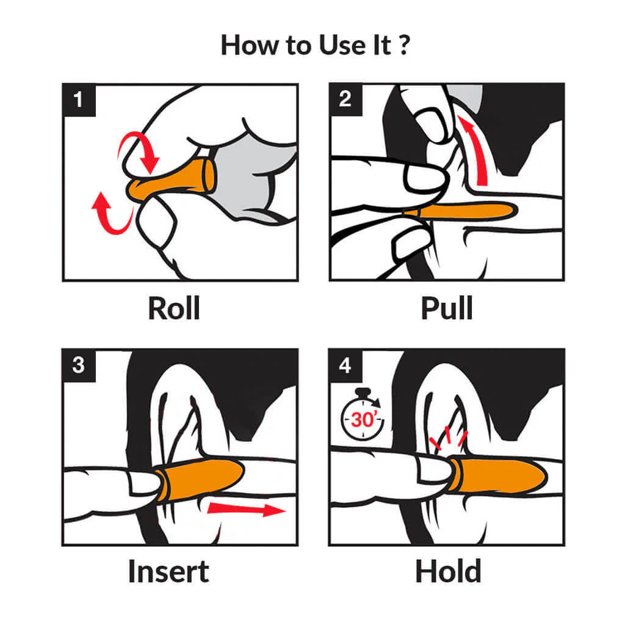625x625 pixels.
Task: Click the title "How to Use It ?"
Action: [316, 45]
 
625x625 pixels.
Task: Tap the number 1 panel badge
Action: [79, 99]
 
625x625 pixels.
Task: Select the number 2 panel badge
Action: [345, 99]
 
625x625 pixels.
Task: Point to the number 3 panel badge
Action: [79, 365]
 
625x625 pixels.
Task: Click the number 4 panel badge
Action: [345, 365]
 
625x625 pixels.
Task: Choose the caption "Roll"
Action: [174, 308]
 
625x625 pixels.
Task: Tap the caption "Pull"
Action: [447, 308]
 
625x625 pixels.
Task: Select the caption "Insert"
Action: [168, 571]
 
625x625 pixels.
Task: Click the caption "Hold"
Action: [448, 571]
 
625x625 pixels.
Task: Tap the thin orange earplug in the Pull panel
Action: [460, 211]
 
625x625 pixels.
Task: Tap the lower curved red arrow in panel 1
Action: [112, 215]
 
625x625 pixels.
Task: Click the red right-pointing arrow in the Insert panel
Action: [247, 509]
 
